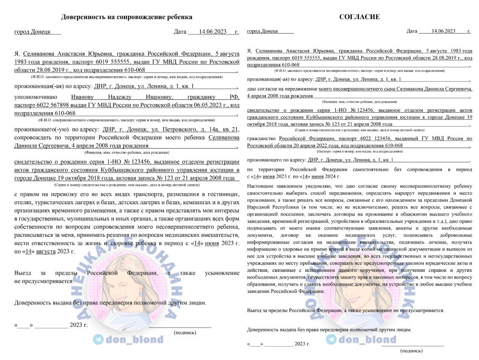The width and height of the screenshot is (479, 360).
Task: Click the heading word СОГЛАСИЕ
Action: pyautogui.click(x=359, y=17)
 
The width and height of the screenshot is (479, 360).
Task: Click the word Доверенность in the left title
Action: pyautogui.click(x=84, y=17)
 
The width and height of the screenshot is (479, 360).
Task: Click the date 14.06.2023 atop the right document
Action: pyautogui.click(x=443, y=31)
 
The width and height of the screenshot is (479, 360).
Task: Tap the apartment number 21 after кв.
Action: pyautogui.click(x=235, y=129)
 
